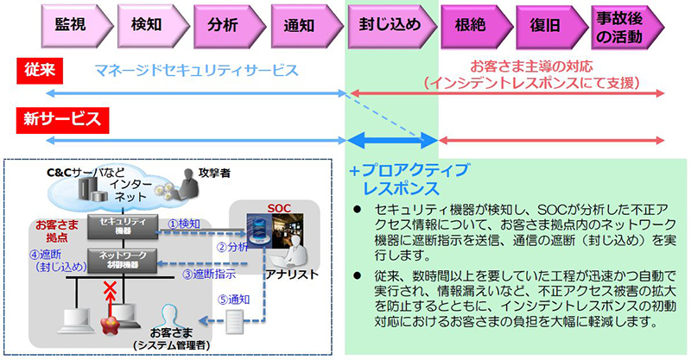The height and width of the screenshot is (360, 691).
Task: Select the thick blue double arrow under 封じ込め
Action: click(392, 139)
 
